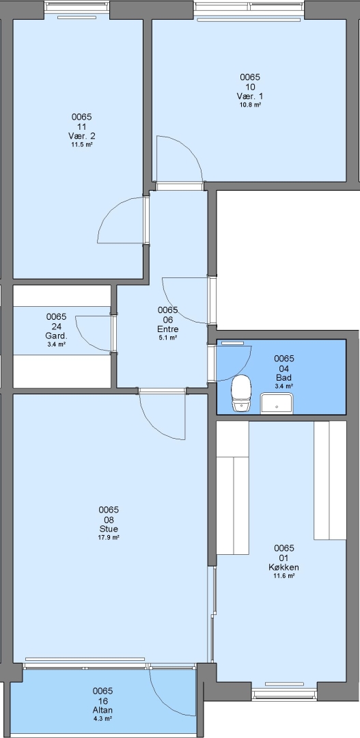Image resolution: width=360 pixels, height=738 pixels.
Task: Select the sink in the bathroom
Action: coord(277,404)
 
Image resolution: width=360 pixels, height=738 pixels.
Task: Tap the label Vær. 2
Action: coord(81,136)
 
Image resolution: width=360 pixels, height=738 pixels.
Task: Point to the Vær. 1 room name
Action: coord(250,96)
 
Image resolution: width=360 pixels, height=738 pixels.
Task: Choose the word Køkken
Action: coord(283,567)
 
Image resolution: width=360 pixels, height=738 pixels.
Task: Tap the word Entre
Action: coord(167,329)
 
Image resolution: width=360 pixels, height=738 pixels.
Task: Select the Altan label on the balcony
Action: coord(102,710)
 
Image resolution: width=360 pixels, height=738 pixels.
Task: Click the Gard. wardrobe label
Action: coord(56,336)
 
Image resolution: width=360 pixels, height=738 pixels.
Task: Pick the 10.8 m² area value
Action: coord(250,105)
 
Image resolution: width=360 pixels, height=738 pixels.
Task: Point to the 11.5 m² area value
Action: coord(81,144)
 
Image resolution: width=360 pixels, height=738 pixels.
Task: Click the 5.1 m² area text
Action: coord(167,338)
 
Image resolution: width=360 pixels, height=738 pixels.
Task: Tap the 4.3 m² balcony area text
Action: coord(102,719)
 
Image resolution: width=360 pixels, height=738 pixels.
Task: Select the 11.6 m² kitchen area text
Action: coord(283,575)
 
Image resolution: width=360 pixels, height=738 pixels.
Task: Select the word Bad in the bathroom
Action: coord(283,378)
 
